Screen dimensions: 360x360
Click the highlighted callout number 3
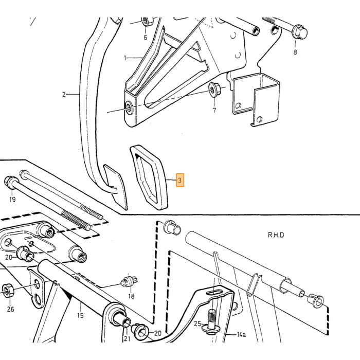pos(180,180)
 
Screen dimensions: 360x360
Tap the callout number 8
pos(295,52)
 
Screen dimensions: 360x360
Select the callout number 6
pos(146,38)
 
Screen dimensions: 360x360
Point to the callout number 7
pos(214,111)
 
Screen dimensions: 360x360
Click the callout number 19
pos(12,200)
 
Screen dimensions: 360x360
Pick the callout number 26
pos(11,309)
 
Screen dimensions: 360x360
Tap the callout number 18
pos(131,296)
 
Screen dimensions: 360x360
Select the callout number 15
pos(80,315)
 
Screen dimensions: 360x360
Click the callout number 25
pos(197,323)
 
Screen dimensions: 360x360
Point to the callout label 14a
pos(241,334)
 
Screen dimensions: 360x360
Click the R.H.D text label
pos(276,235)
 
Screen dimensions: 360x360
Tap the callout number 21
pos(127,338)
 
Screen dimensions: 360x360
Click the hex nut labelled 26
pos(8,291)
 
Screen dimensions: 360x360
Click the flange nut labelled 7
pos(214,89)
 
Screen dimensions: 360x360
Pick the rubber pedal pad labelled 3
pos(149,177)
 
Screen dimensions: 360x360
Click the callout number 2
pos(64,94)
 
